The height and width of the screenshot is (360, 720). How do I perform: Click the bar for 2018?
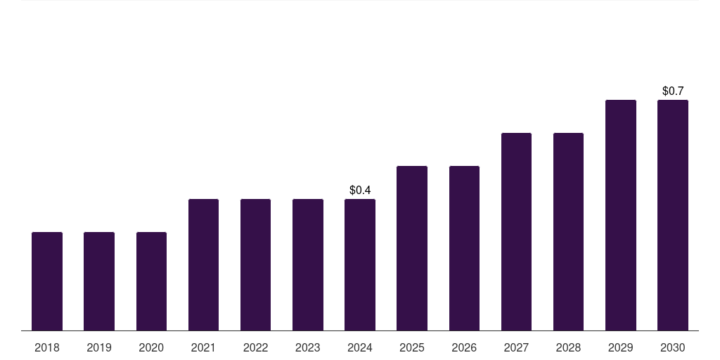(47, 281)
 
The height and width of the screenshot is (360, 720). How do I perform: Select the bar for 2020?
(151, 281)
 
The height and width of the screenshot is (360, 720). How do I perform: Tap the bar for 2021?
(203, 265)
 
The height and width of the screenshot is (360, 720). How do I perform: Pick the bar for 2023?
(308, 265)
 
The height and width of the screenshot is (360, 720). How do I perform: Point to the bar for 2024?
(360, 265)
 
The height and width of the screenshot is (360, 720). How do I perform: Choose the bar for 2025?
(412, 248)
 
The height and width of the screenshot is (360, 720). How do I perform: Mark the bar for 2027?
(516, 232)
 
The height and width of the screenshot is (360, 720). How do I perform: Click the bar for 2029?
(621, 215)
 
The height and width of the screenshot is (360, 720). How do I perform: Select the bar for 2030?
(673, 215)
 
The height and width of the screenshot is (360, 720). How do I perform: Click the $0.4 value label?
(360, 190)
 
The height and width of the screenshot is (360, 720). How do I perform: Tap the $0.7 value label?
(673, 91)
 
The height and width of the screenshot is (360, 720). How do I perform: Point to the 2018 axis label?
(47, 347)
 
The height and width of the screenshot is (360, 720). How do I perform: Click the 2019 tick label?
(99, 347)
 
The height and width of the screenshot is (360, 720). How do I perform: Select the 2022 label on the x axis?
(255, 347)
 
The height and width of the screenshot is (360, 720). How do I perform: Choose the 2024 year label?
(360, 347)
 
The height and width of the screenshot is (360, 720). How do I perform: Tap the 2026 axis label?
(464, 347)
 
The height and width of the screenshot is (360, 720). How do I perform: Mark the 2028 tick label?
(568, 347)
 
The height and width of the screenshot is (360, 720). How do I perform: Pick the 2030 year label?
(673, 347)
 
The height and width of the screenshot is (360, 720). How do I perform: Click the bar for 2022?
(255, 265)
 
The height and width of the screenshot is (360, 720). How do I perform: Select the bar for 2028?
(568, 232)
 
